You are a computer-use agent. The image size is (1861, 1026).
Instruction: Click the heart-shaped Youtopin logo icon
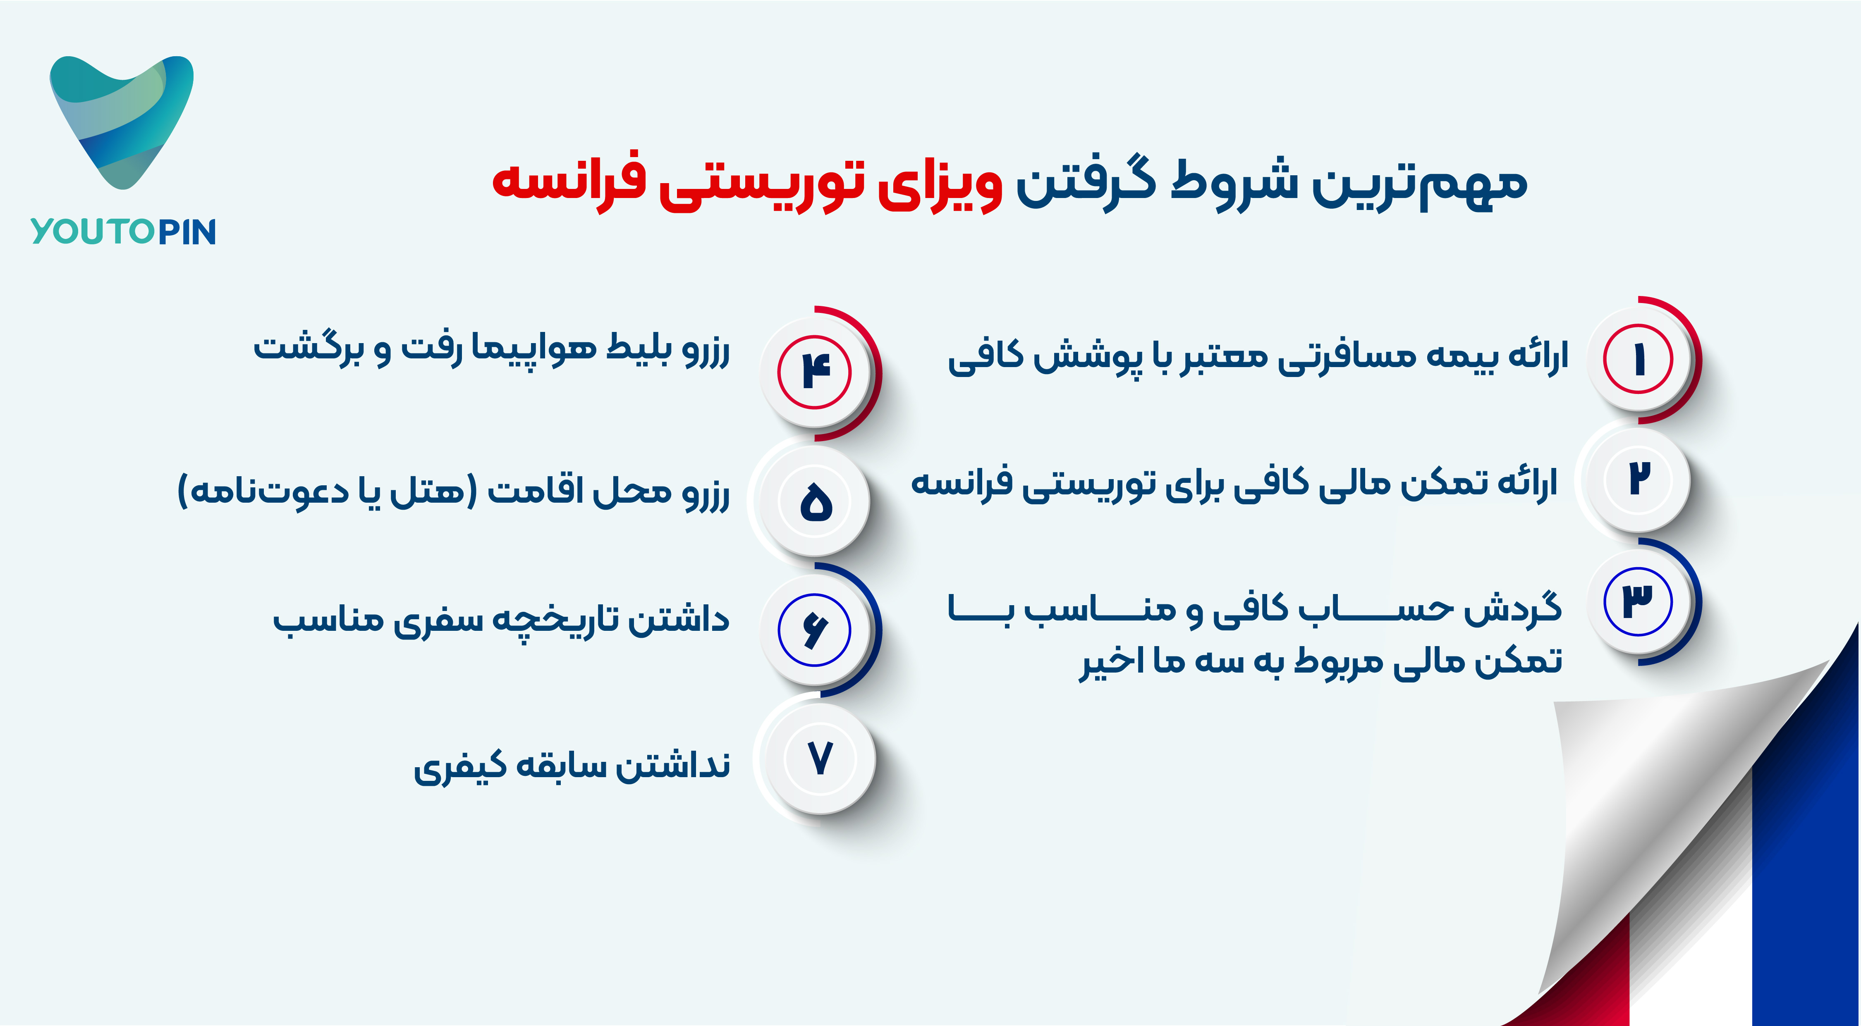(121, 121)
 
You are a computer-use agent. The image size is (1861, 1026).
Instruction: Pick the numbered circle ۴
(815, 372)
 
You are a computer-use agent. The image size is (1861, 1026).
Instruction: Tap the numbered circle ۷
(820, 759)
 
